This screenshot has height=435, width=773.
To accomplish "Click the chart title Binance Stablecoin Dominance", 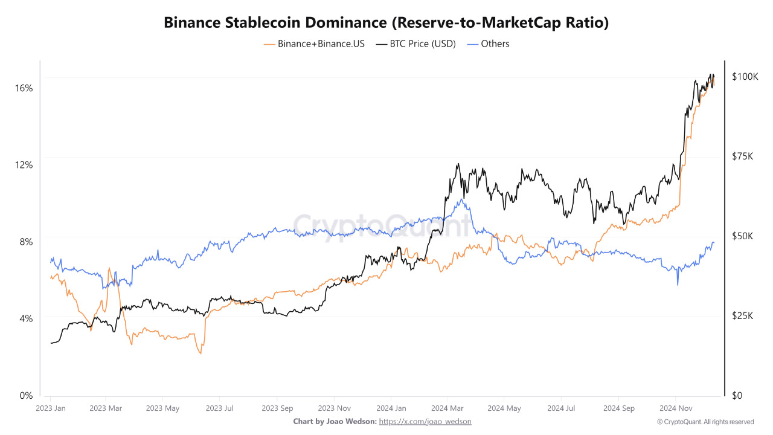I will [386, 23].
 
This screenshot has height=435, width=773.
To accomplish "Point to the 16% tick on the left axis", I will [24, 88].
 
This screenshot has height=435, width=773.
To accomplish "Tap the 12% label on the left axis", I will [24, 165].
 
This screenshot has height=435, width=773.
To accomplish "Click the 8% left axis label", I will [25, 242].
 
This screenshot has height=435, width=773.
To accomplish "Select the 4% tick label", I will [25, 318].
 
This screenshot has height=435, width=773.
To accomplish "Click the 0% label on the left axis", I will [25, 396].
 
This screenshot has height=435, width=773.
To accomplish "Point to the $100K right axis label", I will [745, 77].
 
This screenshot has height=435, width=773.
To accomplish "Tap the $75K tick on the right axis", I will [742, 156].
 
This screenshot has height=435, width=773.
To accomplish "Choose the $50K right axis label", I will [742, 236].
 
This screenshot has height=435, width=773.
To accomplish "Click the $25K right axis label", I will [742, 316].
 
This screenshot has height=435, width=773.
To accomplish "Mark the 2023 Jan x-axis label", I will [51, 408].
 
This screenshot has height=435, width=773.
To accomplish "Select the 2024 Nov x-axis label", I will [676, 408].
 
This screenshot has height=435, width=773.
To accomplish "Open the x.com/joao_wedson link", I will [425, 422].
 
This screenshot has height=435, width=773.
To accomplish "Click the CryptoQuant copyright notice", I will [705, 422].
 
